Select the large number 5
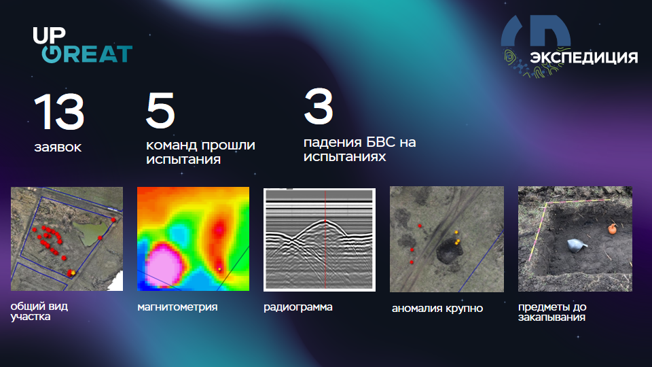160,112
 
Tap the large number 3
319,109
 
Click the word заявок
57,147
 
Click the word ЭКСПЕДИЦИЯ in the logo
583,58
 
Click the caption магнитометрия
177,307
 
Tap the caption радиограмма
298,307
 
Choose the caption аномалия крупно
437,309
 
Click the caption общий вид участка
39,311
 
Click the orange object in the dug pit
612,229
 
